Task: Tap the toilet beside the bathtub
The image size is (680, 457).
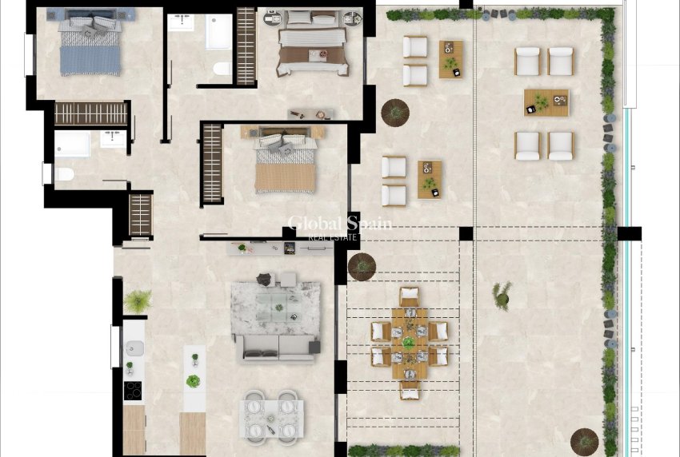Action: click(x=221, y=70)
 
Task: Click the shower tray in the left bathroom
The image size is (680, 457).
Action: click(x=72, y=145)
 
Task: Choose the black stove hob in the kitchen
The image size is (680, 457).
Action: click(x=133, y=391)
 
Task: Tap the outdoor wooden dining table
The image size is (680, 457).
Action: click(x=409, y=343)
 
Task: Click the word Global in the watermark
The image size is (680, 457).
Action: click(x=317, y=224)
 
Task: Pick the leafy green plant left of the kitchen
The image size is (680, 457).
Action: click(x=138, y=301)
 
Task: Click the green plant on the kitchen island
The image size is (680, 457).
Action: click(x=193, y=381)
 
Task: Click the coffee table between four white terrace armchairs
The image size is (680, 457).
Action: click(x=546, y=102)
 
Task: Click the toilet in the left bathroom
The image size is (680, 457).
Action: click(x=64, y=173)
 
